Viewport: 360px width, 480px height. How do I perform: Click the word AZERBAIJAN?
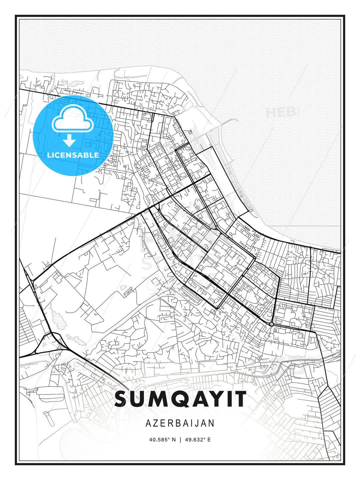pos(180,423)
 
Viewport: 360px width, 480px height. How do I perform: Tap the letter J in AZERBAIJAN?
pos(199,423)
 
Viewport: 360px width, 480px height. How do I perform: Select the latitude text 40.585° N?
pos(162,440)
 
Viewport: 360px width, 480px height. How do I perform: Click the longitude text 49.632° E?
pos(198,440)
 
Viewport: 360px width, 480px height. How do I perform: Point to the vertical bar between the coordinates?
pos(180,440)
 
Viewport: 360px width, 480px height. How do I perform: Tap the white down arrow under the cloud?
pos(69,140)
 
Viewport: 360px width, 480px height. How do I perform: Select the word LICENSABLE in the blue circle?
pos(73,155)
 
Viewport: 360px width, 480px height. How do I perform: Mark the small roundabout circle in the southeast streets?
pos(272,324)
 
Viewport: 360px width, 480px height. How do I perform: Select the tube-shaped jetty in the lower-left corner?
pos(47,417)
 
